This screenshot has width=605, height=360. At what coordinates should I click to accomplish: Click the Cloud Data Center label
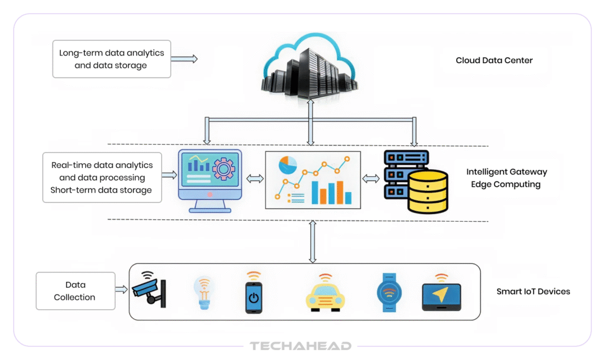pyautogui.click(x=494, y=60)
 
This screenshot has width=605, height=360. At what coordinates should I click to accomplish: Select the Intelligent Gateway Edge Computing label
pyautogui.click(x=506, y=178)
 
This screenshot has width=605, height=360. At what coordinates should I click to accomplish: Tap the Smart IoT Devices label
pyautogui.click(x=533, y=291)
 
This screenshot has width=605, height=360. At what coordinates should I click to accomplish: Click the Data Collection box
pyautogui.click(x=76, y=291)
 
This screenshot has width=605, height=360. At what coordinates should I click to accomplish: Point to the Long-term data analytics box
pyautogui.click(x=112, y=59)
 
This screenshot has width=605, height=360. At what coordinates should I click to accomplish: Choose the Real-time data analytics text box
pyautogui.click(x=102, y=177)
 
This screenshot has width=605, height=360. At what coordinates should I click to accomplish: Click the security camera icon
pyautogui.click(x=149, y=290)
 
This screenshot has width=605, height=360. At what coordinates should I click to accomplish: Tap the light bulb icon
pyautogui.click(x=204, y=293)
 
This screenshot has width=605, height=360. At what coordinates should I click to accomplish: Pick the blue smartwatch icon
pyautogui.click(x=389, y=293)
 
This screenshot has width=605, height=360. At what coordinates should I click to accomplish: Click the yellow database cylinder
pyautogui.click(x=428, y=192)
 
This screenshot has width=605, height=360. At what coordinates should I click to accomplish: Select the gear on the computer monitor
pyautogui.click(x=223, y=169)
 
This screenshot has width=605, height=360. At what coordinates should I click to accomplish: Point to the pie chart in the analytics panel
pyautogui.click(x=288, y=165)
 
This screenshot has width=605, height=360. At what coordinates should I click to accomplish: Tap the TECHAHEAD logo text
pyautogui.click(x=301, y=346)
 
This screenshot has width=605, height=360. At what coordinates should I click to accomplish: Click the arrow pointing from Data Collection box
pyautogui.click(x=122, y=290)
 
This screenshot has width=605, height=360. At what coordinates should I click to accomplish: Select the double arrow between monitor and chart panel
pyautogui.click(x=255, y=179)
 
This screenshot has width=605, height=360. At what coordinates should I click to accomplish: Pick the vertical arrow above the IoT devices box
pyautogui.click(x=313, y=242)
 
